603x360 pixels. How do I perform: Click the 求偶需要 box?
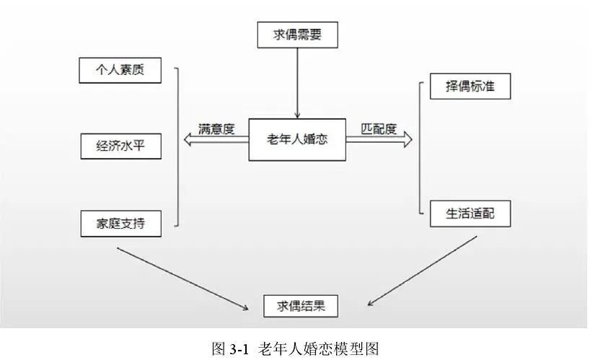[296, 35]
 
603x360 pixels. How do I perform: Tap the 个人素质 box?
[120, 71]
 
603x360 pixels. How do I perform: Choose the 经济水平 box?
[120, 147]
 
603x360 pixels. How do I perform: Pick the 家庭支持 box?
[120, 224]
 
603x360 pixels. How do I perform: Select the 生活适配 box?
[470, 214]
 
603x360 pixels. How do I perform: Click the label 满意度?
[217, 129]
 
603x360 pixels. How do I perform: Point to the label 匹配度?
[379, 129]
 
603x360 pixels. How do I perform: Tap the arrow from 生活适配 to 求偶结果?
[421, 272]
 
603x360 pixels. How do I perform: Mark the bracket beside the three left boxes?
[177, 147]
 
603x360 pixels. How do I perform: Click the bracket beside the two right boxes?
[419, 148]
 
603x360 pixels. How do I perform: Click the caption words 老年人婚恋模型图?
[318, 348]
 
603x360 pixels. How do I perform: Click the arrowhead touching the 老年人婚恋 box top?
[296, 113]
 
